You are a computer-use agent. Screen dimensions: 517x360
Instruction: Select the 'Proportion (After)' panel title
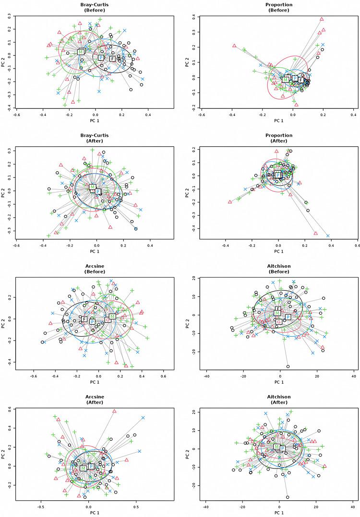(x=278, y=138)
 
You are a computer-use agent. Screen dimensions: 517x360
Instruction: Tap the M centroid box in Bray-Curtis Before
(x=81, y=52)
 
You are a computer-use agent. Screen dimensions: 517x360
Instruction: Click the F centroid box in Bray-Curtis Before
(x=112, y=59)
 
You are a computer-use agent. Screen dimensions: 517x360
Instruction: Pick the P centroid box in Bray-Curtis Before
(x=101, y=58)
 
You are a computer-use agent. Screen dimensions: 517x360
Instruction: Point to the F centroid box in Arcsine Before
(x=84, y=319)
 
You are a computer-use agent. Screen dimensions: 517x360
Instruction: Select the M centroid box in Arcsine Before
(x=112, y=317)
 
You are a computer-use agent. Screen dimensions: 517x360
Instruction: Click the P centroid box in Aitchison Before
(x=288, y=317)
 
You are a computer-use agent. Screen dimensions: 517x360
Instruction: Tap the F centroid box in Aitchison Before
(x=278, y=309)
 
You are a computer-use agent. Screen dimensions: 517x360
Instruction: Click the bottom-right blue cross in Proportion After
(x=328, y=235)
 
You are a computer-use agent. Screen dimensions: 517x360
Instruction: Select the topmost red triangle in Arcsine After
(x=114, y=411)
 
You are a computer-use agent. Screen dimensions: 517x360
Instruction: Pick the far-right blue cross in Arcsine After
(x=143, y=418)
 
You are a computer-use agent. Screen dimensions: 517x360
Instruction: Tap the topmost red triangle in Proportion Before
(x=322, y=19)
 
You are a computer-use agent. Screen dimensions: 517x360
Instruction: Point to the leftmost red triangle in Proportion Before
(x=234, y=46)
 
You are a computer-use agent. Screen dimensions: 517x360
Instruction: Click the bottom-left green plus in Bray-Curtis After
(x=48, y=235)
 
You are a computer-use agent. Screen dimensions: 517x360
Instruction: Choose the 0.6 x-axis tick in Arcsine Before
(x=164, y=376)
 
